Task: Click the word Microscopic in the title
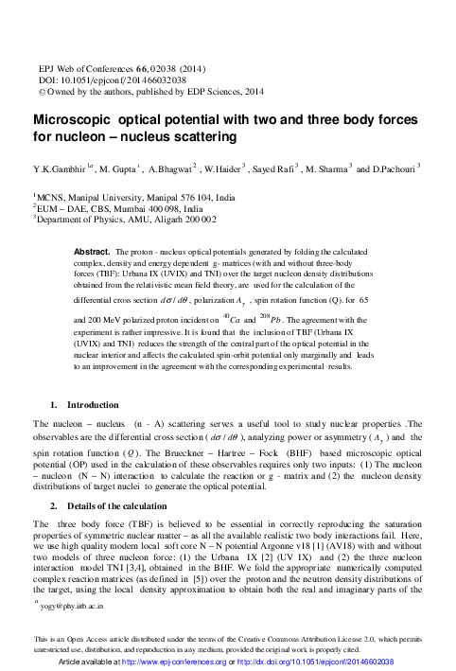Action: (70, 121)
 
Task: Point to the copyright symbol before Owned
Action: (39, 94)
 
